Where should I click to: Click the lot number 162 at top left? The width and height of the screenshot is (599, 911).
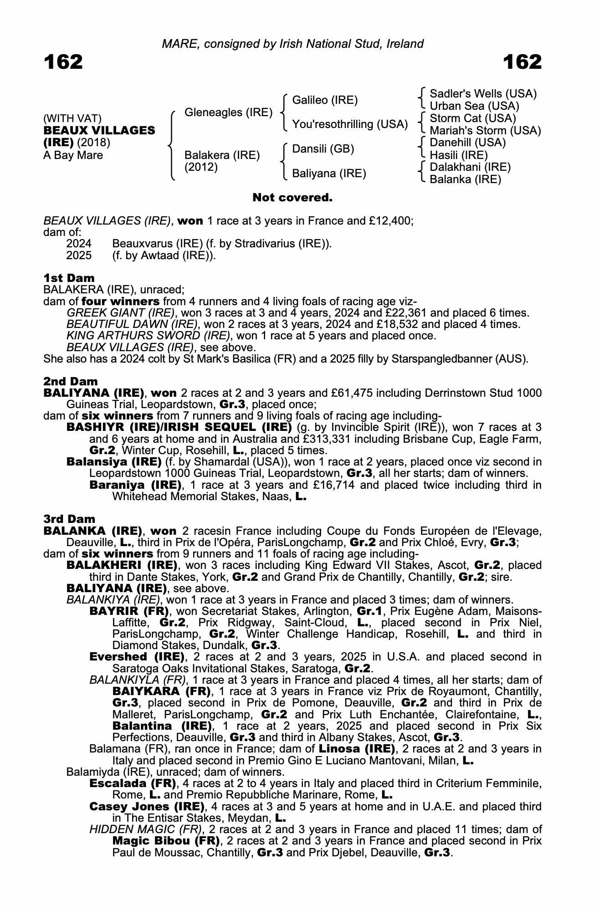point(63,62)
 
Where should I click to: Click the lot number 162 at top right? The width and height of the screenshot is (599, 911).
point(522,62)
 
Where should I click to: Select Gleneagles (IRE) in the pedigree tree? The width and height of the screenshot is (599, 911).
point(228,113)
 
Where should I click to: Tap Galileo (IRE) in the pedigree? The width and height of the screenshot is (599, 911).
point(325,100)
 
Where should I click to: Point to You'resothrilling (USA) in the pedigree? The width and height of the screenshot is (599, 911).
point(349,124)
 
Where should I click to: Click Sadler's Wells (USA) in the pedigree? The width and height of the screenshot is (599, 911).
point(483,94)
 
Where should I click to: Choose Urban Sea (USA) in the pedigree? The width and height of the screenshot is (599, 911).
point(474,106)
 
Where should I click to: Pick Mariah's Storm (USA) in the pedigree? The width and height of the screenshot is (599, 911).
point(485,131)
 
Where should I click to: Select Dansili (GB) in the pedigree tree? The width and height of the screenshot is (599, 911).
point(323,149)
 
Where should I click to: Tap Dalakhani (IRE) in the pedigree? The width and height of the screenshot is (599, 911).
point(470,167)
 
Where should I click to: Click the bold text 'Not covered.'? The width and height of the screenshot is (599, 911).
point(292,198)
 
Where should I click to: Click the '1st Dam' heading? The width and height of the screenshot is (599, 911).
point(69,278)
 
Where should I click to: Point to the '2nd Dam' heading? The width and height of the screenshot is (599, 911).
point(71,381)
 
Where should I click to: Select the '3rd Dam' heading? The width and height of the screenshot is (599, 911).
point(69,519)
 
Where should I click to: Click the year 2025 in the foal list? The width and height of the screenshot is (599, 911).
point(79,256)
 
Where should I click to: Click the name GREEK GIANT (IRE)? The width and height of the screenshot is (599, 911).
point(120,313)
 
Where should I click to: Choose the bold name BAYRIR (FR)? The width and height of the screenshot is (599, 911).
point(129,611)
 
